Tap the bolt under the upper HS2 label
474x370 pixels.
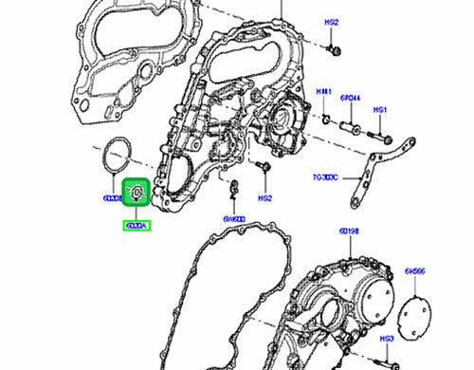[334, 46]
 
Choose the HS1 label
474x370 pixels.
[381, 110]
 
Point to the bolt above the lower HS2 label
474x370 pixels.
[263, 170]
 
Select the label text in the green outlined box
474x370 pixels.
[136, 226]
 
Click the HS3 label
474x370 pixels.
[387, 338]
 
